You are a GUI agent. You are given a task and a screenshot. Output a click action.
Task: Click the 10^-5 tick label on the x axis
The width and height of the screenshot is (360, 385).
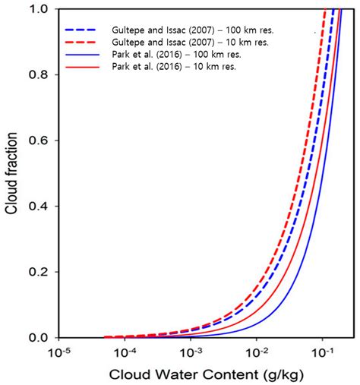point(60,352)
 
